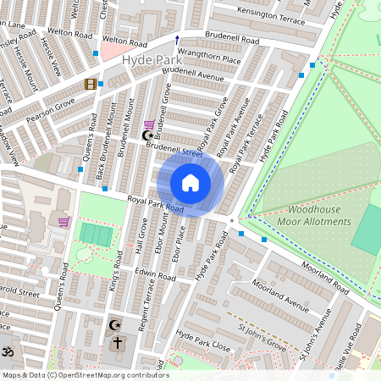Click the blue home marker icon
coord(190,183)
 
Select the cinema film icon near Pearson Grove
coord(90,83)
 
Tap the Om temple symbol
coord(8,351)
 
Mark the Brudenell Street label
coord(174,149)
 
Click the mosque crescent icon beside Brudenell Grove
coord(149,135)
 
